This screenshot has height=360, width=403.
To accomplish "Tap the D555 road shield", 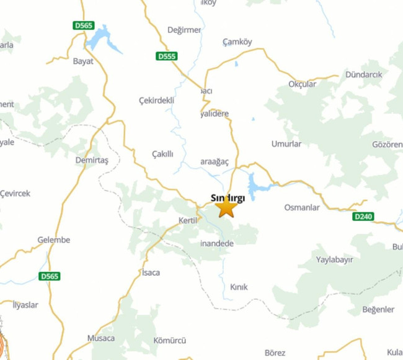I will point(167,56).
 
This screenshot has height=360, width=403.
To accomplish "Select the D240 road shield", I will point(363,217).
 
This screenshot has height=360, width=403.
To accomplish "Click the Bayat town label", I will point(83,61).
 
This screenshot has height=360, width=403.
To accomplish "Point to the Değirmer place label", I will point(184,30).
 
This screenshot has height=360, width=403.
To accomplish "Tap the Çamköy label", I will point(237,42).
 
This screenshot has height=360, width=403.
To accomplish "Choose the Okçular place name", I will point(303,84).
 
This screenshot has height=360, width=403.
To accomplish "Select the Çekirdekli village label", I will point(157,100).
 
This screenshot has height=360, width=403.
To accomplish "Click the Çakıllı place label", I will point(162,154).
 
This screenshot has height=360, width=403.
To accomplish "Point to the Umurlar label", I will point(286,144).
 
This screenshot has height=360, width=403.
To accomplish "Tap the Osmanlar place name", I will point(302,207).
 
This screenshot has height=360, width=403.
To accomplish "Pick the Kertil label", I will point(187,221).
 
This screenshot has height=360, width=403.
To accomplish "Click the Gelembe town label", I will point(54,240).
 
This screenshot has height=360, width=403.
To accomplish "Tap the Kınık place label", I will point(239,287).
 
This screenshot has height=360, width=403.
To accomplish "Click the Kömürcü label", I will point(170,341).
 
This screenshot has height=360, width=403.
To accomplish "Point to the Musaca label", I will point(101,338).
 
